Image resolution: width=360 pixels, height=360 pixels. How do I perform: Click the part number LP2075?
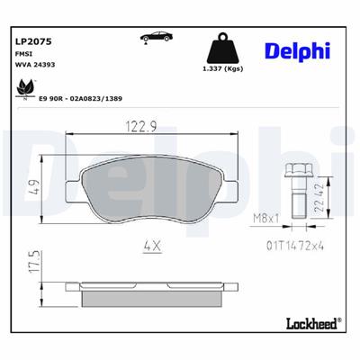(31, 40)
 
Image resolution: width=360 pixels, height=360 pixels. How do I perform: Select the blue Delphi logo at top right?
(295, 50)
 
